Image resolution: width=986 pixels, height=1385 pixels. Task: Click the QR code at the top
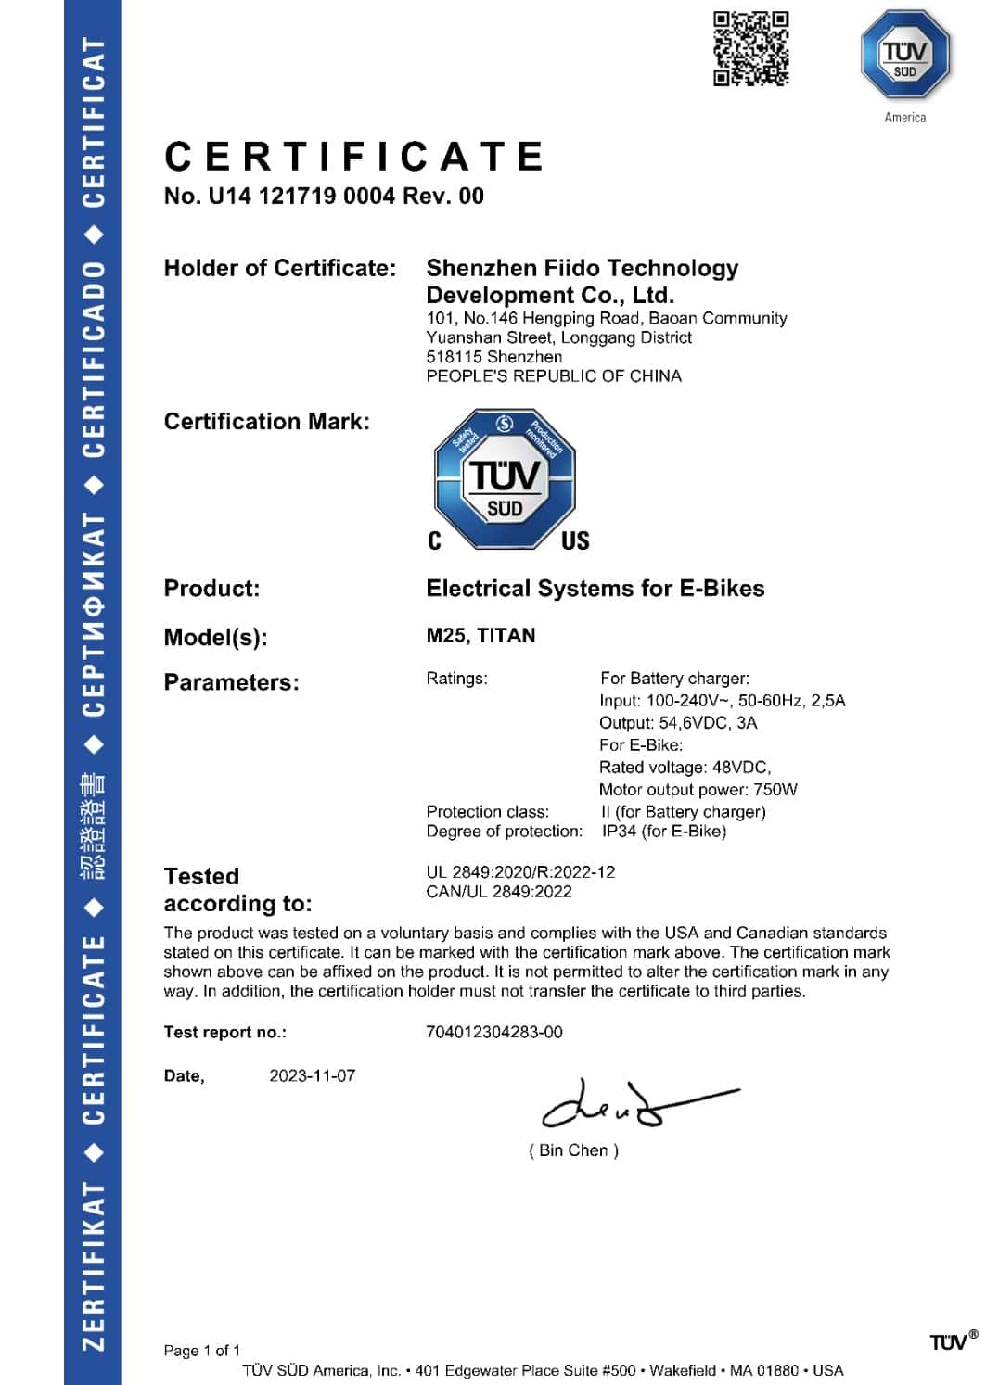(750, 48)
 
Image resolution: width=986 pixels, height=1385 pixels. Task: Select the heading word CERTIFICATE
(354, 156)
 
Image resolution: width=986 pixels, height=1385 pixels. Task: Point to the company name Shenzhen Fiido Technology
(582, 269)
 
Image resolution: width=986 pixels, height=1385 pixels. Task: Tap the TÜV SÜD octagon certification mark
(505, 478)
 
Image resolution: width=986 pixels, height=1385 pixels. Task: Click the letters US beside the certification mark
(575, 540)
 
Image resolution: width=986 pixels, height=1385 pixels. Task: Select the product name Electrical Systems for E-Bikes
(595, 589)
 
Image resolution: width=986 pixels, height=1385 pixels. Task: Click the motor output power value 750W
(775, 790)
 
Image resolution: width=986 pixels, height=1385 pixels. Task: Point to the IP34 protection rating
(619, 832)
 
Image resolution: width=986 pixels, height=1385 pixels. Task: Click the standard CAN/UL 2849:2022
(499, 892)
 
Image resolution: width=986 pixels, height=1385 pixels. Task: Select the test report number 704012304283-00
(493, 1033)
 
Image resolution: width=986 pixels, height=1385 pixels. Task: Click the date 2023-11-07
(312, 1076)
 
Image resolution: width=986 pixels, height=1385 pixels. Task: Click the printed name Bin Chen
(573, 1150)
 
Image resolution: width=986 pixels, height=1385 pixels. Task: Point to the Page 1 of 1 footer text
(201, 1351)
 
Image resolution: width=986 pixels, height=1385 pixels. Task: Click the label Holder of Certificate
(279, 269)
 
